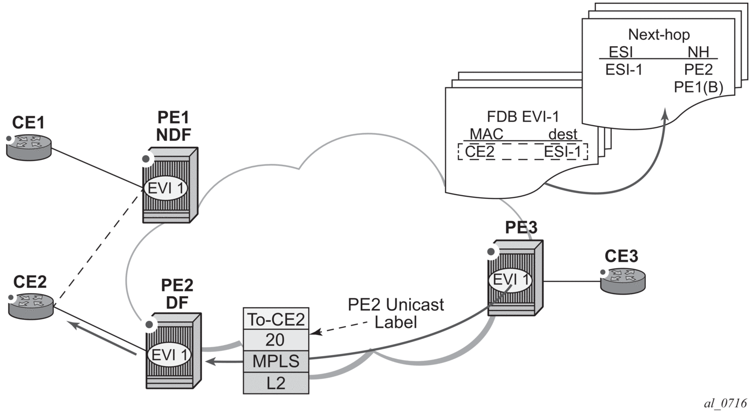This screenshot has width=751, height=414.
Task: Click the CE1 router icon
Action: click(29, 146)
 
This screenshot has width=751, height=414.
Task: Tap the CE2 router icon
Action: click(31, 306)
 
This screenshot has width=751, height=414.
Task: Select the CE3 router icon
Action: click(623, 281)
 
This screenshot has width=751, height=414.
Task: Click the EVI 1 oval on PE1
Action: click(166, 188)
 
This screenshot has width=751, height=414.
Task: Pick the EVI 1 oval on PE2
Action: click(169, 355)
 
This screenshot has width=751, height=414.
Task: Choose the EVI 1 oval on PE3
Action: click(511, 280)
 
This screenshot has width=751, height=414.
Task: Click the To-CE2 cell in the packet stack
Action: click(276, 319)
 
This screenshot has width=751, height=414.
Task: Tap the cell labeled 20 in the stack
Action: click(276, 340)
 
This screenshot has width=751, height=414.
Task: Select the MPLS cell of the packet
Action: click(276, 361)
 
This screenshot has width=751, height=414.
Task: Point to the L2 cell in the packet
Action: click(276, 383)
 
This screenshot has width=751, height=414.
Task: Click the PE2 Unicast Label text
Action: click(395, 313)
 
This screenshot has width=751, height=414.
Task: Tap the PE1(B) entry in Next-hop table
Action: click(698, 87)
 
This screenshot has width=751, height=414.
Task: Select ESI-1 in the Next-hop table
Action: click(624, 70)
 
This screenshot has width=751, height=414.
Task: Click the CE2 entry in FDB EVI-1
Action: click(480, 152)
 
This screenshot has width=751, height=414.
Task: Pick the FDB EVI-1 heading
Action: click(523, 117)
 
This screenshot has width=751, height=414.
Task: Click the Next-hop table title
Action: click(659, 35)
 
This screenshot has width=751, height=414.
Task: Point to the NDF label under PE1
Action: click(174, 135)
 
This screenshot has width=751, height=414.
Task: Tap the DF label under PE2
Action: click(177, 302)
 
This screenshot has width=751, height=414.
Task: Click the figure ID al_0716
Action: click(726, 403)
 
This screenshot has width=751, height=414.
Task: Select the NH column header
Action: click(698, 52)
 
